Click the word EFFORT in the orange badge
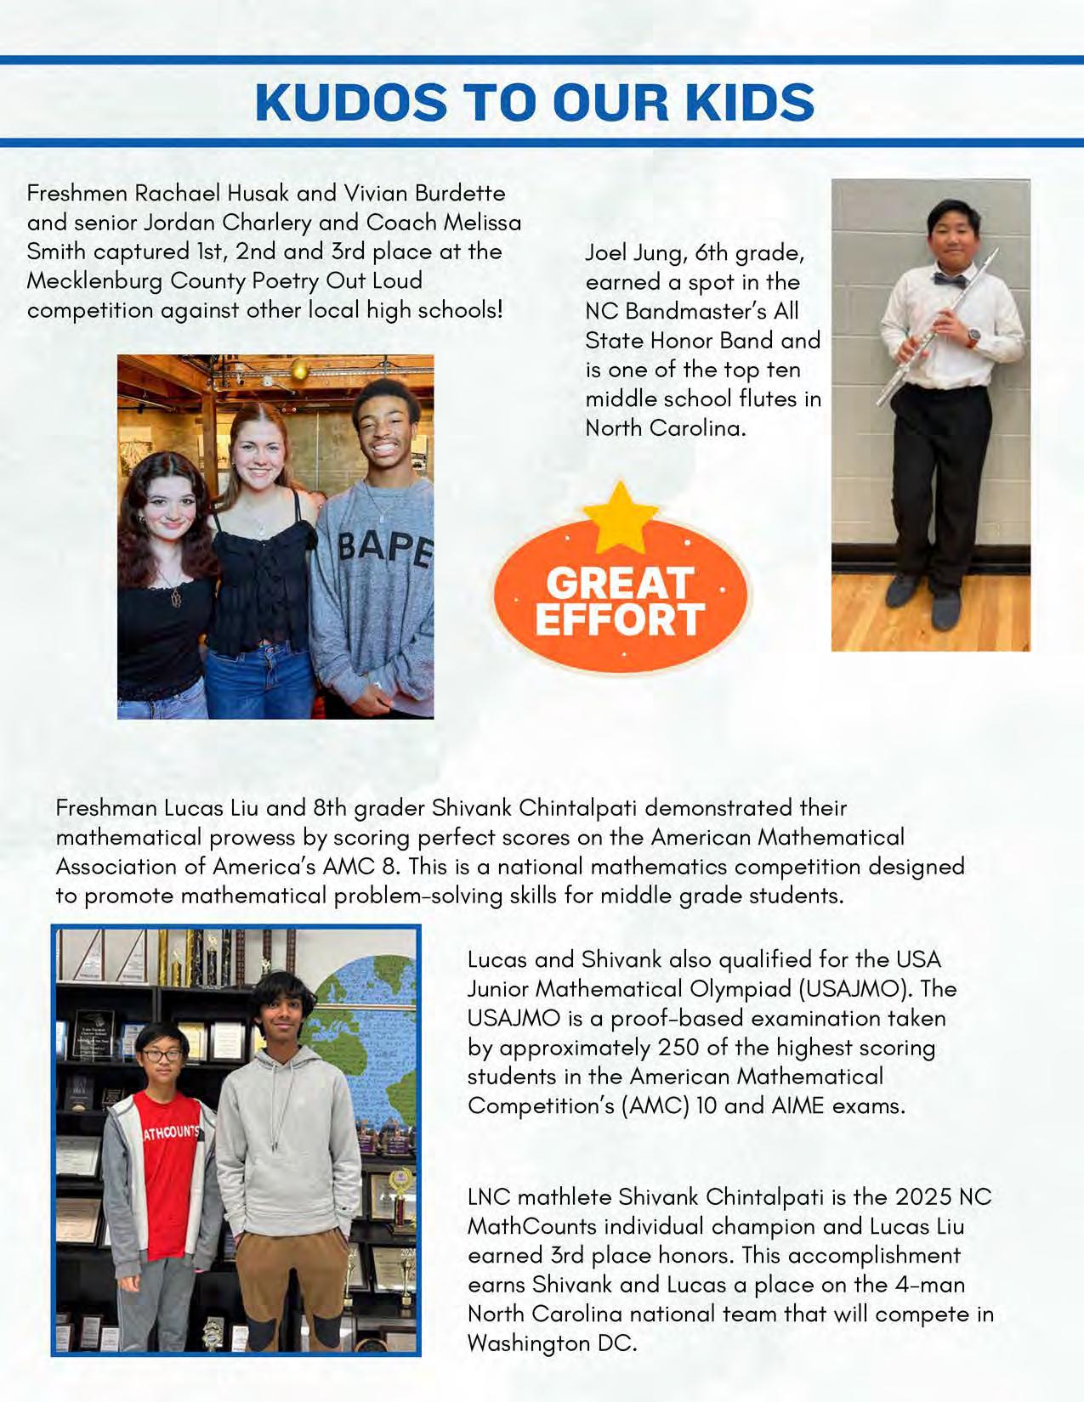(x=620, y=620)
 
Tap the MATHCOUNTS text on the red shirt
(x=170, y=1133)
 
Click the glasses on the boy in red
(x=162, y=1055)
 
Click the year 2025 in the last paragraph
(x=922, y=1197)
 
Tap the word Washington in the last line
(x=527, y=1343)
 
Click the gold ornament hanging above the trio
(x=299, y=369)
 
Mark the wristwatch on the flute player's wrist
(x=973, y=336)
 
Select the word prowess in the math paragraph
(x=250, y=837)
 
